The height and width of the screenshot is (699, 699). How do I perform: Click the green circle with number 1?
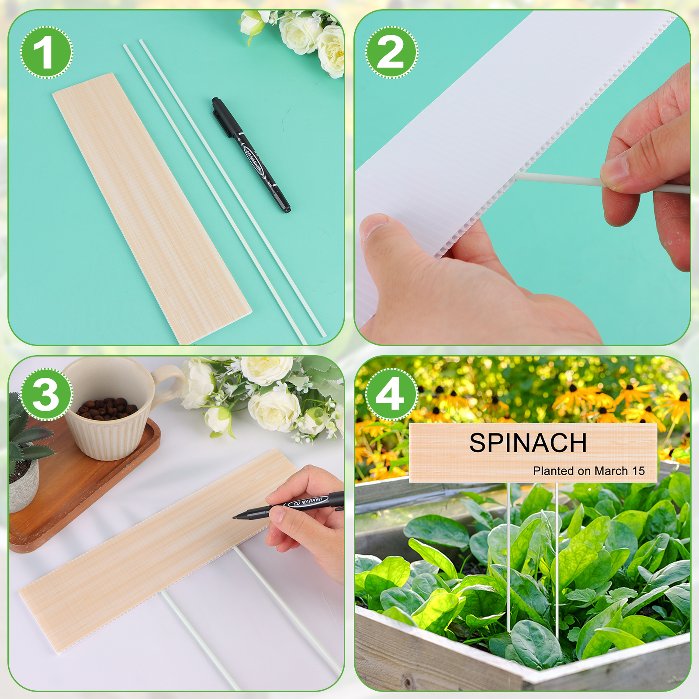[47, 52]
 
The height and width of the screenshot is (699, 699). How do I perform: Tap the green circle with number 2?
[392, 52]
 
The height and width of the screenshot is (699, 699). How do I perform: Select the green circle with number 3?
[47, 394]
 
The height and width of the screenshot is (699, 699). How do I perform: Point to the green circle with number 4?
[392, 394]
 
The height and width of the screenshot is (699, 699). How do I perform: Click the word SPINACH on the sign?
[528, 443]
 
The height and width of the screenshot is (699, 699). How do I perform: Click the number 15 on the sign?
[639, 471]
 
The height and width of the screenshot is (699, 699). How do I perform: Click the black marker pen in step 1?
[251, 155]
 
